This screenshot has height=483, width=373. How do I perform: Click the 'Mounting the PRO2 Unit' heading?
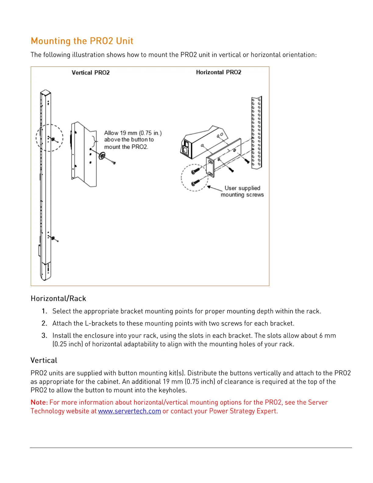pos(82,41)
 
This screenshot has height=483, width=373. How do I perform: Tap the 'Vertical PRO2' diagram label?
pos(91,73)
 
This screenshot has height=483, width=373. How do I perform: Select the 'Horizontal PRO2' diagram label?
pos(218,72)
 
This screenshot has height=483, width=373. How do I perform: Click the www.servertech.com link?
pos(129,411)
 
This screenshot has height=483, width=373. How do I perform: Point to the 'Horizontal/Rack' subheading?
pos(58,298)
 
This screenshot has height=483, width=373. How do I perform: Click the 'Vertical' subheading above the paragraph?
pos(44,360)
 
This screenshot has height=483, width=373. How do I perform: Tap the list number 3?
pos(44,335)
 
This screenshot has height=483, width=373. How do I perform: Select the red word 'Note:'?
pos(39,402)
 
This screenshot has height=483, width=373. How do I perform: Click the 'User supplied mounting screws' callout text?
pos(242,191)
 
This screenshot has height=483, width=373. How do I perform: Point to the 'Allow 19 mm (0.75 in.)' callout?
pos(133,133)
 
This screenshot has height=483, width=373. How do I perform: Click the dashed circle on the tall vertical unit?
pos(49,138)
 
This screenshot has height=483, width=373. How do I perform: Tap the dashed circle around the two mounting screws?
pos(194,177)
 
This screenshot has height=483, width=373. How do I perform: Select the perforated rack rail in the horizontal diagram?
pos(257,133)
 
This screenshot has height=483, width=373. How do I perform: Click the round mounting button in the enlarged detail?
pos(102,156)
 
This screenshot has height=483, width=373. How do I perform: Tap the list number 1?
pos(44,311)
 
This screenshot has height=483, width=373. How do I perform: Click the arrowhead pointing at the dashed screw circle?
pos(209,187)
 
